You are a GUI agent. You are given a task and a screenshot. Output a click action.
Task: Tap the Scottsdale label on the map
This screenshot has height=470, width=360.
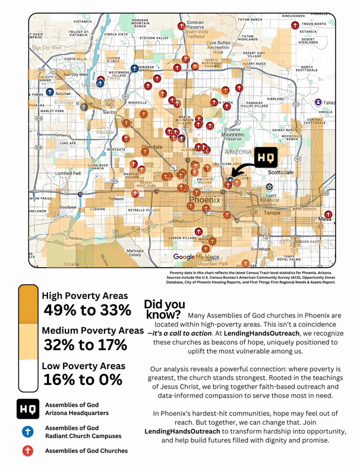280,172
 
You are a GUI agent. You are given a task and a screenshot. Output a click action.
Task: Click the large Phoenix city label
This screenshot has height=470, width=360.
204,201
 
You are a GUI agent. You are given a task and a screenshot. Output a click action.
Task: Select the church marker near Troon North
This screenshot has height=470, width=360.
295,25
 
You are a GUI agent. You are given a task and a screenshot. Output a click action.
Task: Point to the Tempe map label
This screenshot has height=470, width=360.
271,213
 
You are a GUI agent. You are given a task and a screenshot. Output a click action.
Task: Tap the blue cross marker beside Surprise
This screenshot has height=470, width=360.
50,93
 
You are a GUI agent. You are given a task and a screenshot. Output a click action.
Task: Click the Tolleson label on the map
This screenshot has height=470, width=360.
116,199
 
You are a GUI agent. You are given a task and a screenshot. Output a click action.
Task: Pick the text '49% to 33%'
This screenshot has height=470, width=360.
87,310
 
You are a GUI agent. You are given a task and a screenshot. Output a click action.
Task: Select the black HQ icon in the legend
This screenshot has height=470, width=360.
27,409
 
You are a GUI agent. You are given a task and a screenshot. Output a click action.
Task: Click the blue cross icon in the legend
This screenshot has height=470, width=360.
27,431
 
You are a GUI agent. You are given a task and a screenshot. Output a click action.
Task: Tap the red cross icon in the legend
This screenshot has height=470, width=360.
27,451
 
